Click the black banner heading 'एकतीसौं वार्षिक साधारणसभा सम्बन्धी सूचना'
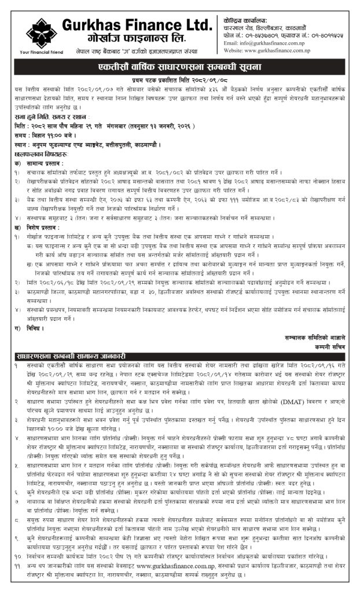179,67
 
